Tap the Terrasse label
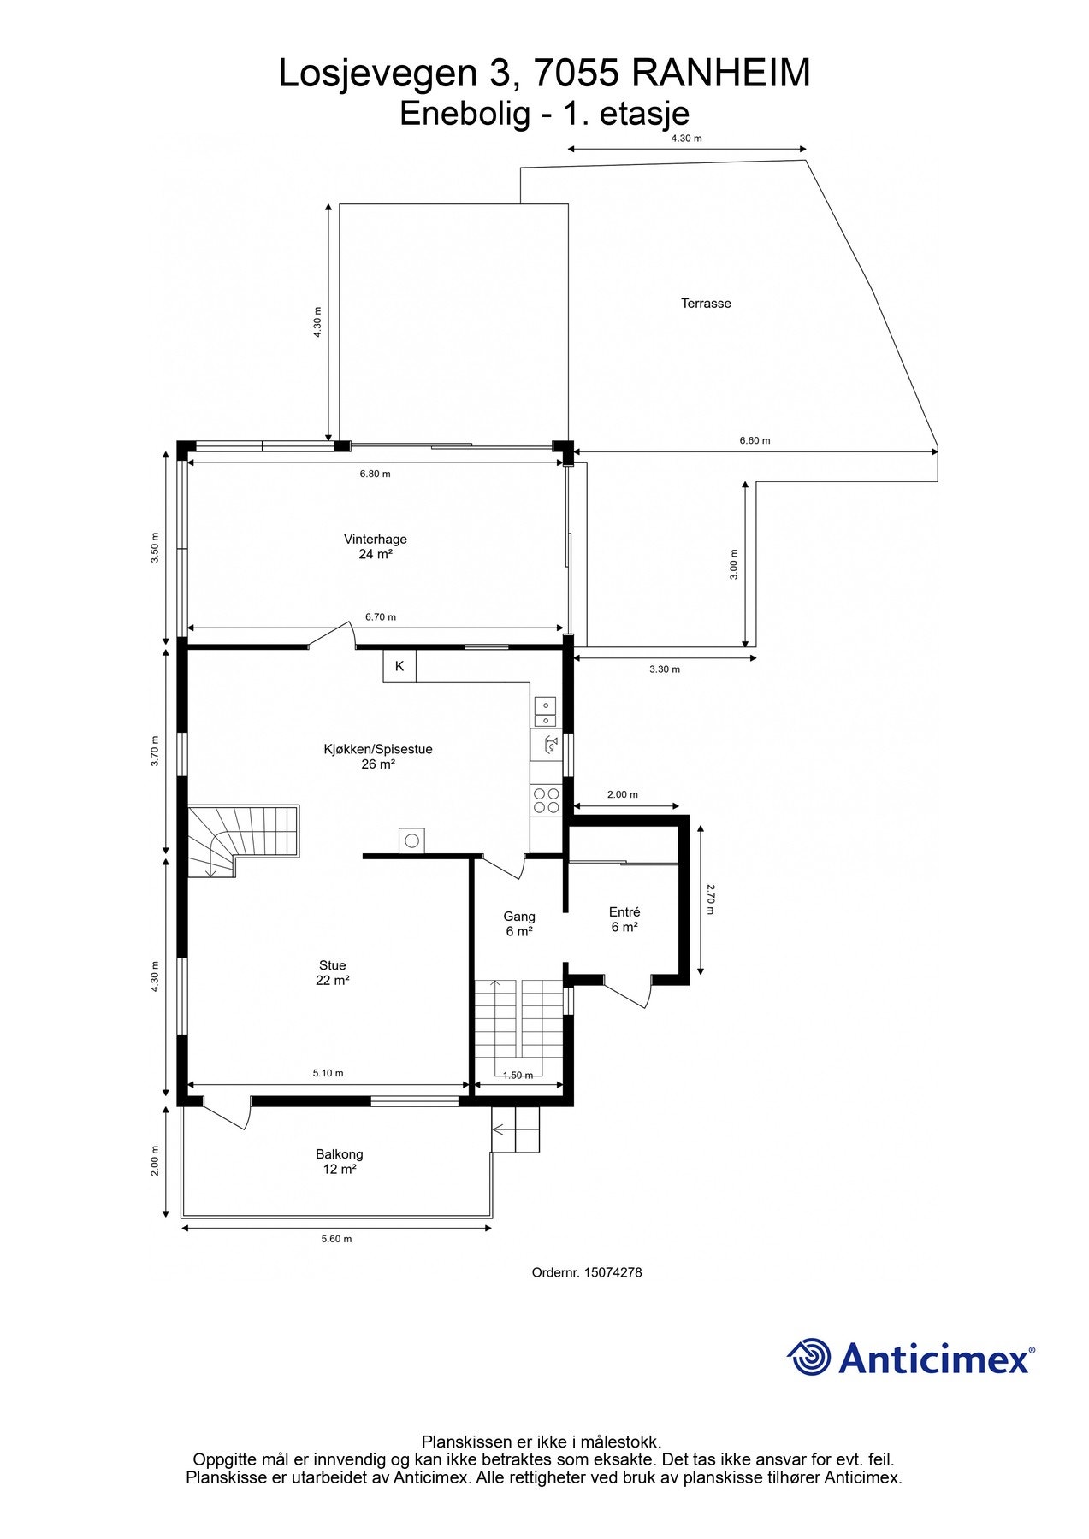click(706, 303)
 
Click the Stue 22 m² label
click(332, 973)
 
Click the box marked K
click(399, 666)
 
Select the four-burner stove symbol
click(546, 800)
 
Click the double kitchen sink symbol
click(545, 711)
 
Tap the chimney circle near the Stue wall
click(411, 841)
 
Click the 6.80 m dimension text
click(375, 474)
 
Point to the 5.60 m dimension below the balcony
click(336, 1239)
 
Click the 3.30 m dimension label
click(664, 669)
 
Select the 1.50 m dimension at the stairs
click(518, 1076)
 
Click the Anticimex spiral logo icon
click(808, 1357)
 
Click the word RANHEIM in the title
click(720, 74)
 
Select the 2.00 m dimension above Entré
click(622, 794)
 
